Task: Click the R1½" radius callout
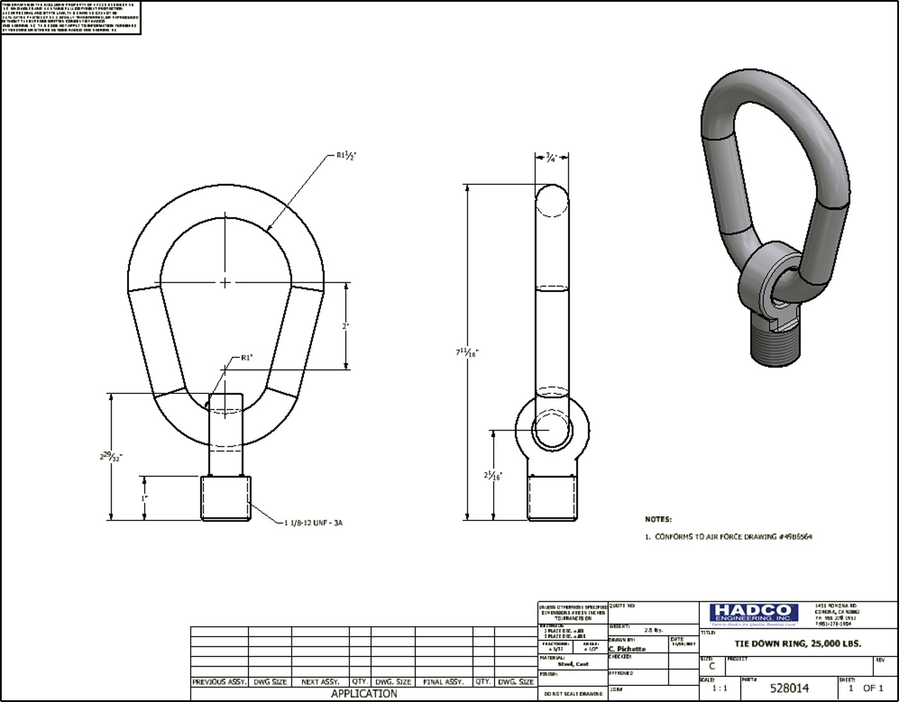346,155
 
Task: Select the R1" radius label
247,358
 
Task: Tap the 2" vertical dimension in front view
345,326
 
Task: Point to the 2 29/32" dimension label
110,457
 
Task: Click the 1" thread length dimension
144,498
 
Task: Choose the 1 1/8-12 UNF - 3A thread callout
313,523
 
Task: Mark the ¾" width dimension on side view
551,157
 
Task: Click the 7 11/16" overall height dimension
467,352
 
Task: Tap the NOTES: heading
658,519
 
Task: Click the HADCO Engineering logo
753,614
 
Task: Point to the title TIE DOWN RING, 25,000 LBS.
798,644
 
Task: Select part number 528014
789,689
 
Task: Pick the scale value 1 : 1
720,689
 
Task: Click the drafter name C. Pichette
627,649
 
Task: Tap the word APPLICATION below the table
363,694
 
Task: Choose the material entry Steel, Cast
573,664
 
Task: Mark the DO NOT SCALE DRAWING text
573,694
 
